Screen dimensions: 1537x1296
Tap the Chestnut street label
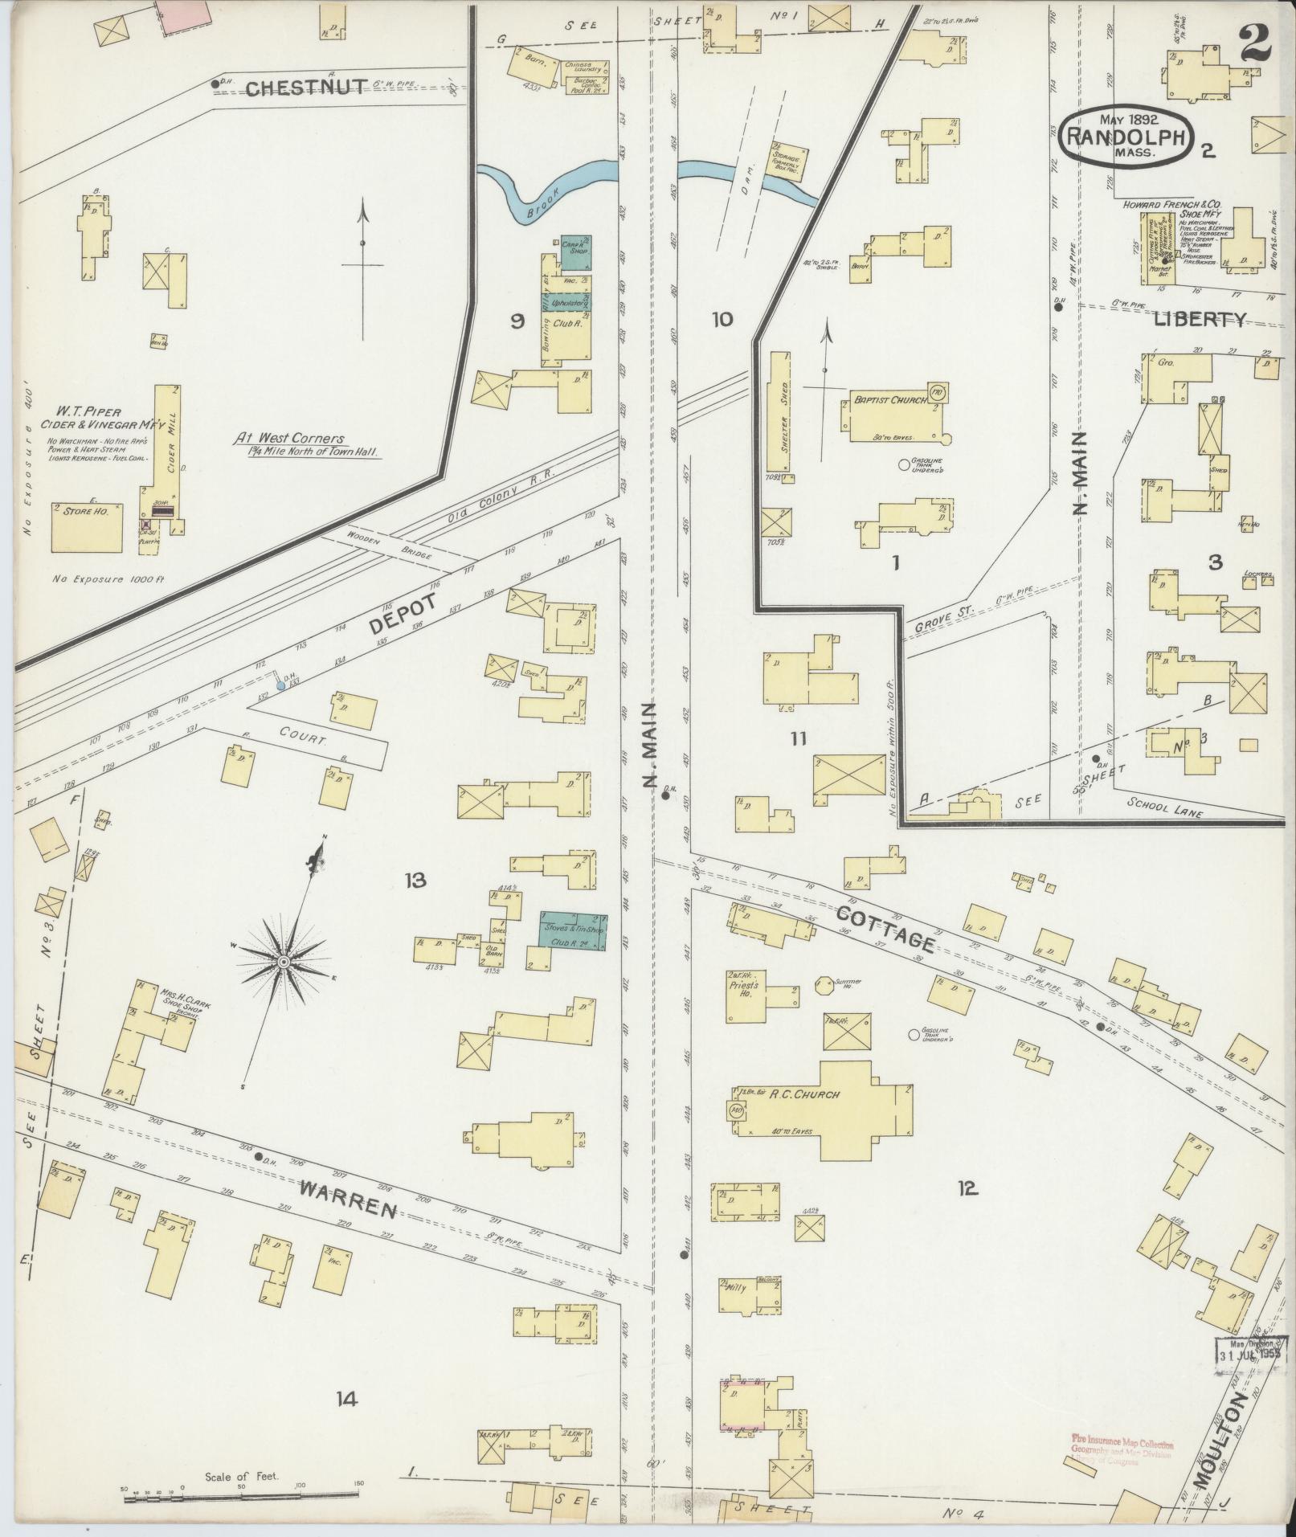pos(306,87)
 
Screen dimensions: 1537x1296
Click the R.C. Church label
pos(792,1093)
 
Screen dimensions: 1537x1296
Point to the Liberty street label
pos(1200,319)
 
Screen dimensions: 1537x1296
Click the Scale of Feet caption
pos(242,1477)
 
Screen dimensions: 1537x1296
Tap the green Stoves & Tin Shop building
pos(572,932)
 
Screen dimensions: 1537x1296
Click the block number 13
pos(415,881)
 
